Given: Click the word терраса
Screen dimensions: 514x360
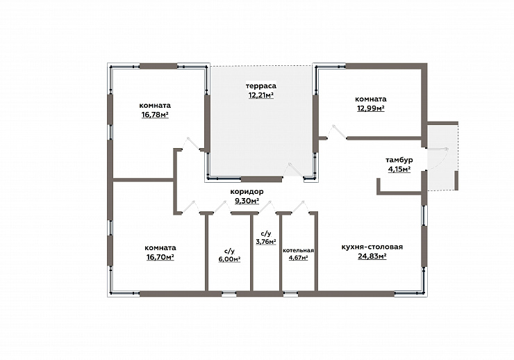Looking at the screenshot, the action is tap(261, 86).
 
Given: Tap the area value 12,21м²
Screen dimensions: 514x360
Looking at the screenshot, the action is tap(261, 95).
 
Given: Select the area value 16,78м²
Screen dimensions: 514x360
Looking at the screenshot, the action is tap(155, 115).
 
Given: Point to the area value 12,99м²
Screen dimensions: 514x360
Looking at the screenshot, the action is tap(371, 108).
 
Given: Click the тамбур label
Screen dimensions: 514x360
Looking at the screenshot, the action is tap(399, 160).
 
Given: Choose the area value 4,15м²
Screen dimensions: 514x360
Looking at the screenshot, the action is tap(399, 169).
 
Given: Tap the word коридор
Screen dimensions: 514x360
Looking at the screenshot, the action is tap(247, 192).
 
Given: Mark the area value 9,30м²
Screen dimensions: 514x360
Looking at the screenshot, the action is tap(247, 201).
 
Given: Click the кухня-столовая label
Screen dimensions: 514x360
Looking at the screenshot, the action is tap(372, 247).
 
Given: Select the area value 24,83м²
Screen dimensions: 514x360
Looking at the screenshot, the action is tap(372, 256).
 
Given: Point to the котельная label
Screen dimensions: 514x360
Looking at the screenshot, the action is tap(298, 250).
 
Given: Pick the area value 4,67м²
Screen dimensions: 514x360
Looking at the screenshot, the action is tap(298, 258).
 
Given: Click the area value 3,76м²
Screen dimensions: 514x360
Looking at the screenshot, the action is tap(266, 242).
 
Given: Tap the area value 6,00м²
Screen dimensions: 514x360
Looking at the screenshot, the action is tap(229, 259).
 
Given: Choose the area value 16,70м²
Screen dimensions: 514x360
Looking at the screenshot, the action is tap(160, 256).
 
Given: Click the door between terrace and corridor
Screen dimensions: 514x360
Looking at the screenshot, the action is tap(293, 170).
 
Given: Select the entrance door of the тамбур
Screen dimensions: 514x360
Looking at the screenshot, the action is tap(438, 159).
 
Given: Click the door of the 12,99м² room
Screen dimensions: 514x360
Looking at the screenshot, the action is tap(337, 132).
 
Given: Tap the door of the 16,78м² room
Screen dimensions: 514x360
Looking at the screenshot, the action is tap(191, 144).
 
